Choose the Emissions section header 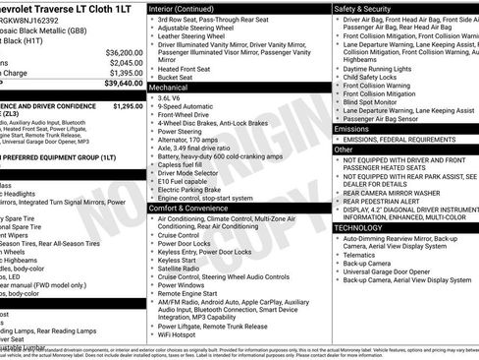pos(351,129)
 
